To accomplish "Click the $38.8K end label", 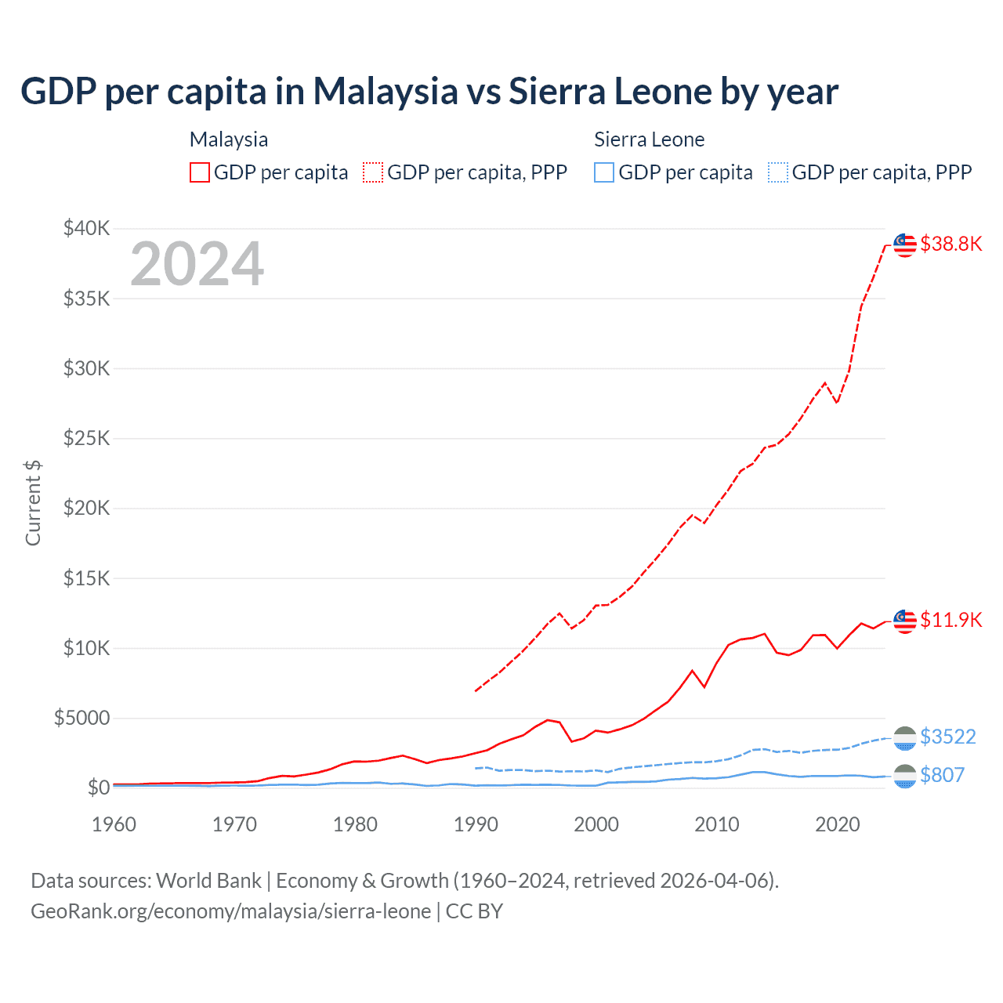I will (950, 244).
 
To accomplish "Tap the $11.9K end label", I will (950, 620).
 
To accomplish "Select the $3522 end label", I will (947, 737).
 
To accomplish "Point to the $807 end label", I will (942, 775).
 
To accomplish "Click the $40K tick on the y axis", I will (87, 229).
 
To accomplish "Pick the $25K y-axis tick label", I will (87, 438).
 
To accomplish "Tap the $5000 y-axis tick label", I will (82, 718).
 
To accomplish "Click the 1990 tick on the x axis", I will (476, 824).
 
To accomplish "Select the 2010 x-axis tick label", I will (717, 824).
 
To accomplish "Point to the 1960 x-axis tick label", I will (114, 824).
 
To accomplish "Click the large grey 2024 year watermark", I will (197, 264).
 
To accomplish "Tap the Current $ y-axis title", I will (33, 502).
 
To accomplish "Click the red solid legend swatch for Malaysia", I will (200, 172).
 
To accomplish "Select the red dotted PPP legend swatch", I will (373, 172).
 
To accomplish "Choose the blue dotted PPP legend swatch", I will (778, 172).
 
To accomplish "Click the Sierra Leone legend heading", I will (649, 139).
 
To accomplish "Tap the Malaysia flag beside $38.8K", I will (905, 245).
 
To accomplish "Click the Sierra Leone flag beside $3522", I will (905, 737).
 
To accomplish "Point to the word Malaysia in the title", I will (386, 92).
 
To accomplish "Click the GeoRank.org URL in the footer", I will (231, 911).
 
